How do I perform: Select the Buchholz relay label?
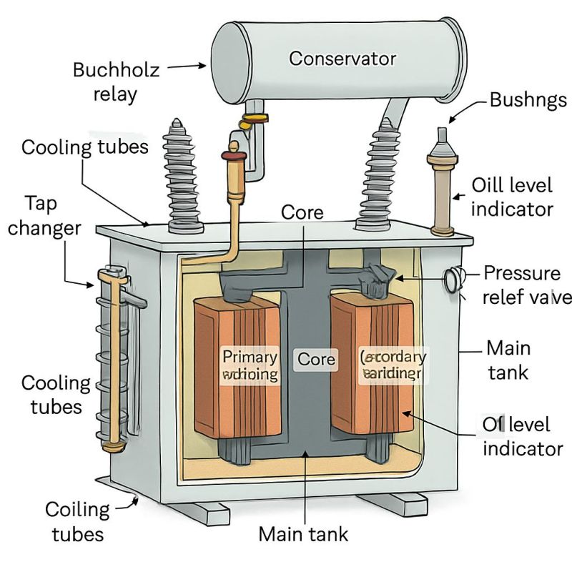(x=117, y=82)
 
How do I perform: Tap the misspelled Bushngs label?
(x=528, y=99)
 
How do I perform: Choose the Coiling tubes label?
(x=77, y=521)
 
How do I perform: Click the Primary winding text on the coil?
(x=250, y=364)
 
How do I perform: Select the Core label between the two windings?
(x=316, y=358)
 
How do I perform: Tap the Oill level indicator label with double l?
(x=512, y=197)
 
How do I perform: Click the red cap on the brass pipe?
(x=232, y=153)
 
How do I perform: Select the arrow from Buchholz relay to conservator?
(x=189, y=66)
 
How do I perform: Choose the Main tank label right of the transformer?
(x=508, y=360)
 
